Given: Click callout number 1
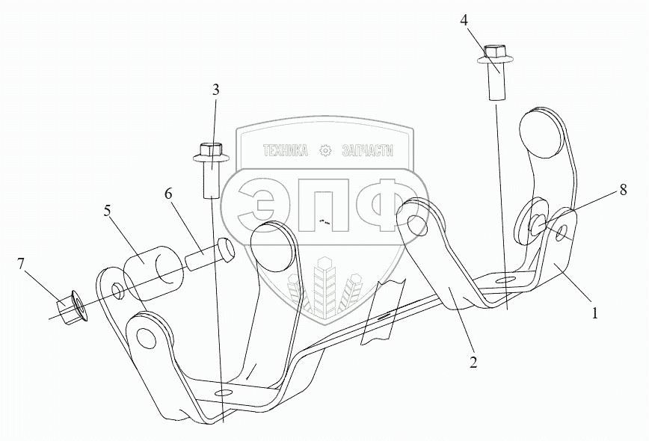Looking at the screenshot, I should click(595, 314).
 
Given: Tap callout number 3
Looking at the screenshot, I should click(216, 90).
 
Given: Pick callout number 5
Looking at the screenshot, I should click(108, 211).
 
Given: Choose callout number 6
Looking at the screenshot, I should click(170, 193).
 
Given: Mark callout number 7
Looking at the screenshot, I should click(21, 263).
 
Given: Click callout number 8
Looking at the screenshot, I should click(622, 191).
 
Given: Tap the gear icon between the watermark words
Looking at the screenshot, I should click(325, 151).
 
